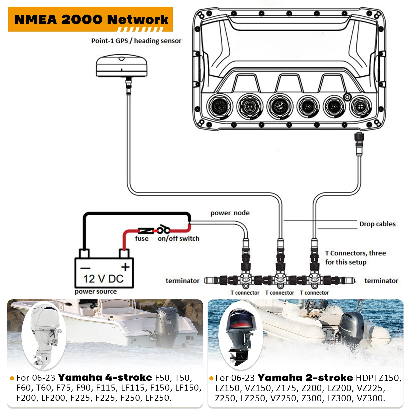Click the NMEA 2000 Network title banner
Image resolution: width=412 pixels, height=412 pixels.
(91, 19)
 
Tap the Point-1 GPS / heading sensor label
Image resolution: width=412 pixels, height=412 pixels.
(136, 41)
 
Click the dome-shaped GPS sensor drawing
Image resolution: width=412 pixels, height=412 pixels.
(122, 66)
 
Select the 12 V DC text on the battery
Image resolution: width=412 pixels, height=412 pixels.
(104, 279)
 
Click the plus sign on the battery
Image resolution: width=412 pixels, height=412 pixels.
(125, 267)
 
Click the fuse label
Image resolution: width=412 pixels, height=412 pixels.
(142, 238)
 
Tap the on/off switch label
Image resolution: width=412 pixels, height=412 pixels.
(178, 238)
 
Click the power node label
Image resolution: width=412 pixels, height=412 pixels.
(230, 213)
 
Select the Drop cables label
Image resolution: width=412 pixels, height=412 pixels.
(377, 224)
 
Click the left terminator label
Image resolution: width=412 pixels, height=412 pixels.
(182, 281)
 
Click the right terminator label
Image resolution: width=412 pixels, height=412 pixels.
(381, 281)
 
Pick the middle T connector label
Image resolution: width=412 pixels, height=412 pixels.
(280, 293)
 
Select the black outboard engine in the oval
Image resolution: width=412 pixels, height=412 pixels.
(240, 336)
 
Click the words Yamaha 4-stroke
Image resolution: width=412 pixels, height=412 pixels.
(105, 378)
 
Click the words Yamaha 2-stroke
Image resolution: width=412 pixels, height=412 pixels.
(305, 378)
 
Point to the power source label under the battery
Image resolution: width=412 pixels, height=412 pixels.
(96, 291)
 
